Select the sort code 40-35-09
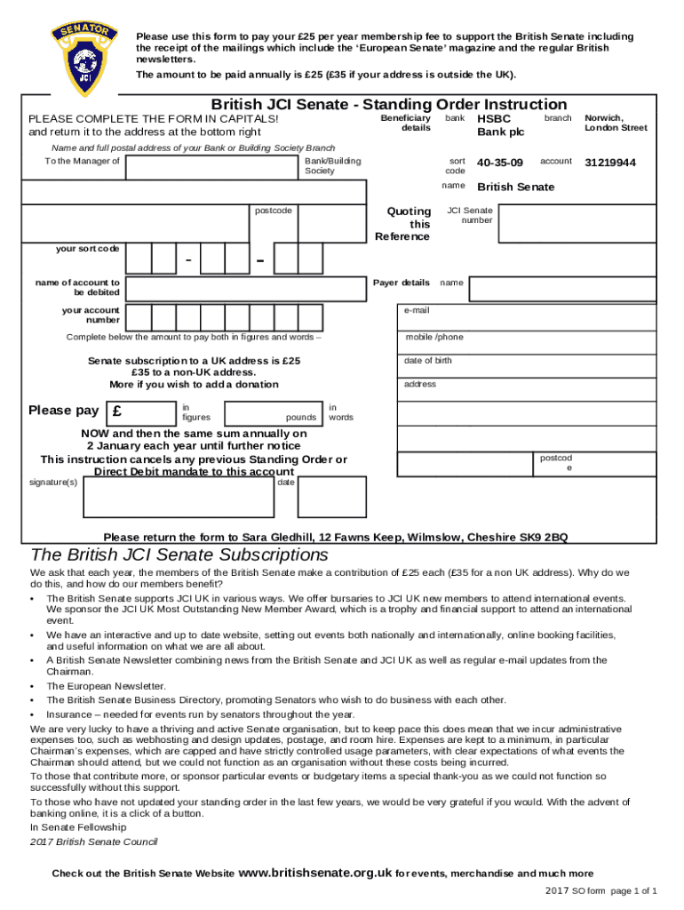(500, 163)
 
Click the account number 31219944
(610, 163)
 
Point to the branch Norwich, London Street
(616, 123)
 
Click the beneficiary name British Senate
(516, 187)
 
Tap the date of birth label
(428, 360)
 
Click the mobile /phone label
(434, 337)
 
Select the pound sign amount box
(140, 412)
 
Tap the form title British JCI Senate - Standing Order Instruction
(388, 105)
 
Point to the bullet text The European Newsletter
(106, 686)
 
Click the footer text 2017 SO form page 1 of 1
(601, 890)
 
